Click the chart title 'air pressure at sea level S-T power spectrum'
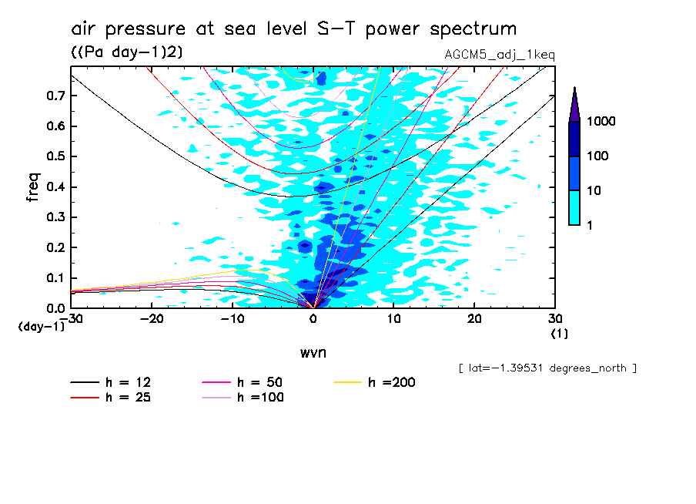pos(293,29)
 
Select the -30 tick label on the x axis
pos(72,318)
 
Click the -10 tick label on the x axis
pos(233,318)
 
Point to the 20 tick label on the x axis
pos(474,318)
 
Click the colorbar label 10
pos(598,190)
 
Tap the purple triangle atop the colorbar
pos(574,105)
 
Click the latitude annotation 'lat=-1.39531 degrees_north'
pos(547,368)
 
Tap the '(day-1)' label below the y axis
pos(42,327)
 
